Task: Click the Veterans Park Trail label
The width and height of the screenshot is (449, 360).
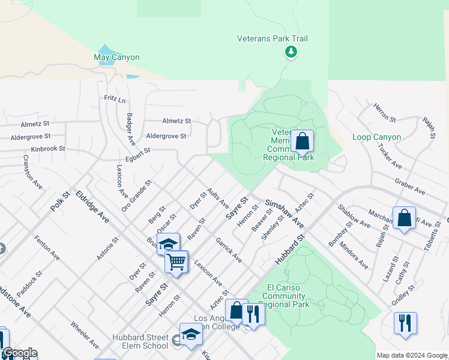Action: (x=273, y=39)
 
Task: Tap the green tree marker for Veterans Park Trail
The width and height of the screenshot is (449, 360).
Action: (x=291, y=52)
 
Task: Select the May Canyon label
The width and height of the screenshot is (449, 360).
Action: (x=116, y=58)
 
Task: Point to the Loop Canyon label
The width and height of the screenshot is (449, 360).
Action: (x=376, y=137)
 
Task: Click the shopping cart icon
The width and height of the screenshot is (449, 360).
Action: (x=176, y=261)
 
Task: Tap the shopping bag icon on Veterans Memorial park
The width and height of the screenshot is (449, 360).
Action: (x=302, y=142)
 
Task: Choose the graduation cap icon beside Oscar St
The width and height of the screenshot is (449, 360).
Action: (x=169, y=244)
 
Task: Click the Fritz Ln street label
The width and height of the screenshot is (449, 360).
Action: (x=115, y=98)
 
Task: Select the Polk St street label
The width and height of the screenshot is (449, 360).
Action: (x=61, y=200)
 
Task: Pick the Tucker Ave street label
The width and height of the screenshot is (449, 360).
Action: (x=390, y=155)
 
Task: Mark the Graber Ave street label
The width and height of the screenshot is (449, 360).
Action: (x=409, y=186)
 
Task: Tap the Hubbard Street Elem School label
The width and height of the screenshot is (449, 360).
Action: (x=140, y=341)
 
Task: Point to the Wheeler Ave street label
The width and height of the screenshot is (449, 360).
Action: (x=84, y=335)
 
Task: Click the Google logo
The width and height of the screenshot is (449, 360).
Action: (x=20, y=353)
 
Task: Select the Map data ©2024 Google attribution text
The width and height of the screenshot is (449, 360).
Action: (x=411, y=355)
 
